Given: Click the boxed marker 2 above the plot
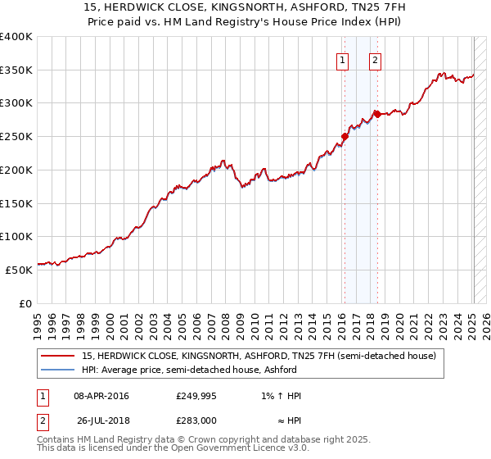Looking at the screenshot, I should [375, 59].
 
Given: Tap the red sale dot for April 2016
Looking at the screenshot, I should [345, 137].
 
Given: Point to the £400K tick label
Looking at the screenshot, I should [16, 37].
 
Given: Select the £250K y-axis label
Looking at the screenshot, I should [16, 137].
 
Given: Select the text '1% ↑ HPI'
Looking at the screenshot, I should [281, 396].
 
